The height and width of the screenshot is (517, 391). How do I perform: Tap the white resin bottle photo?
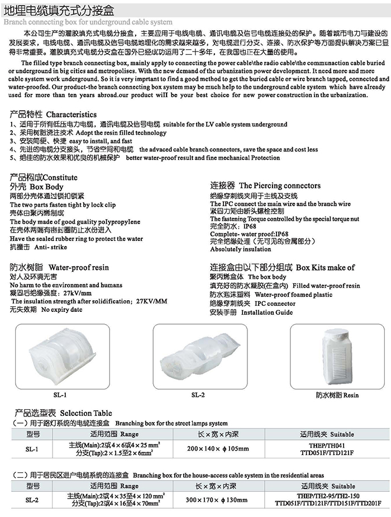(x=336, y=355)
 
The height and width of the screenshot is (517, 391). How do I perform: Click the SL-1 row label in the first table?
(x=32, y=448)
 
